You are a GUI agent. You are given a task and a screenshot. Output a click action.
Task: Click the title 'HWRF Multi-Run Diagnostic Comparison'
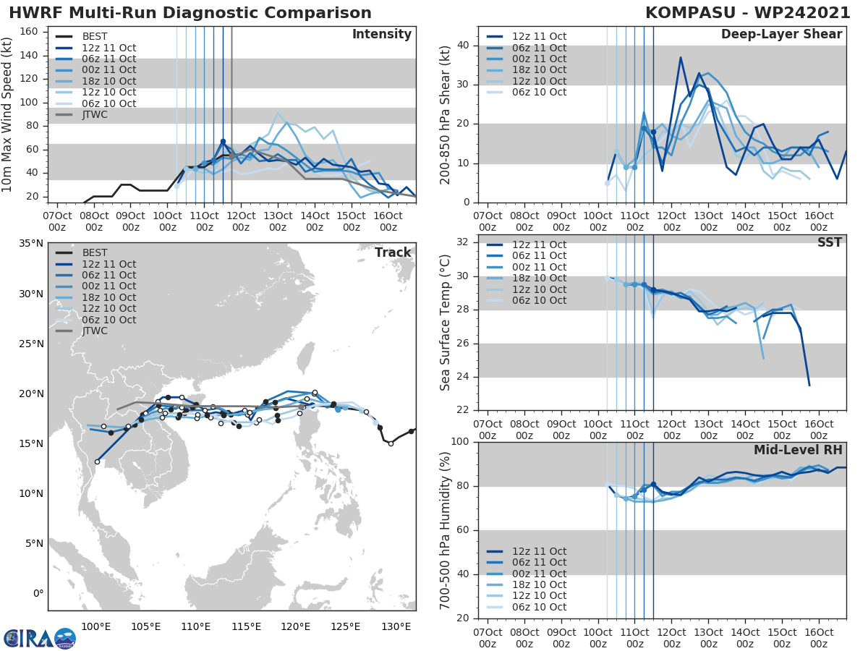click(x=190, y=13)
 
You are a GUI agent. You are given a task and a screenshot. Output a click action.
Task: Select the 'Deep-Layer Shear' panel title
click(x=781, y=35)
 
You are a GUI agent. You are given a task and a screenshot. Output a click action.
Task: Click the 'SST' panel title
click(x=829, y=242)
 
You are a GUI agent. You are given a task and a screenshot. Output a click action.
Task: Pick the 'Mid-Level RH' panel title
click(x=798, y=450)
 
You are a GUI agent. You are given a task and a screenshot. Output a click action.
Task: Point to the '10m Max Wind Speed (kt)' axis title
click(x=7, y=114)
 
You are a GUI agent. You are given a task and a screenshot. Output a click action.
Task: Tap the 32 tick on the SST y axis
click(x=464, y=242)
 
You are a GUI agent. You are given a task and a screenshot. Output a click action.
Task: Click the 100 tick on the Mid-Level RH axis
click(x=460, y=441)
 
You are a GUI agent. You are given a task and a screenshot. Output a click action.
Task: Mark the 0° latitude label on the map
click(x=38, y=594)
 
